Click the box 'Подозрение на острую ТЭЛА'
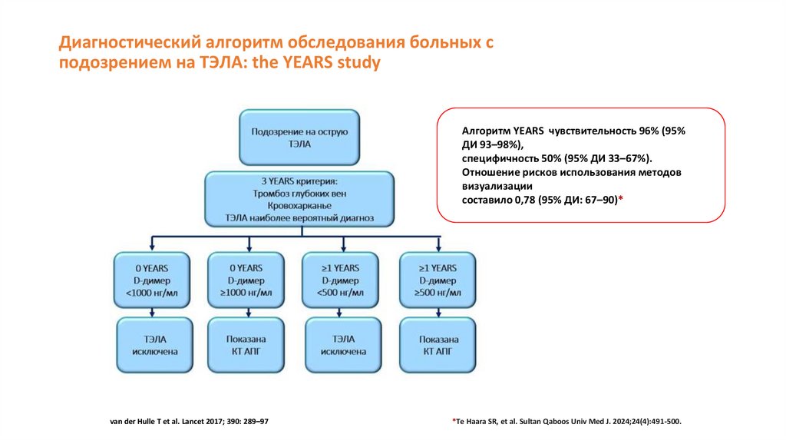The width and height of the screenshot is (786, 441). (299, 137)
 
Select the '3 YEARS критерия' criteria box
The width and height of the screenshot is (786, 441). (299, 199)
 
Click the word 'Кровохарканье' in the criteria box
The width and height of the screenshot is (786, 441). (299, 205)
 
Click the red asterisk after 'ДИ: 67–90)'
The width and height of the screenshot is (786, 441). (620, 198)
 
